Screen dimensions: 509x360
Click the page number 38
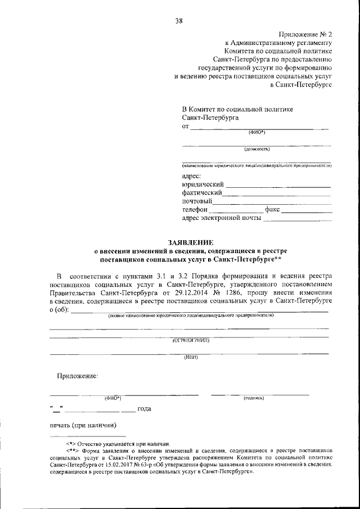pos(179,21)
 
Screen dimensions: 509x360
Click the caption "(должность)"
pos(256,150)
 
